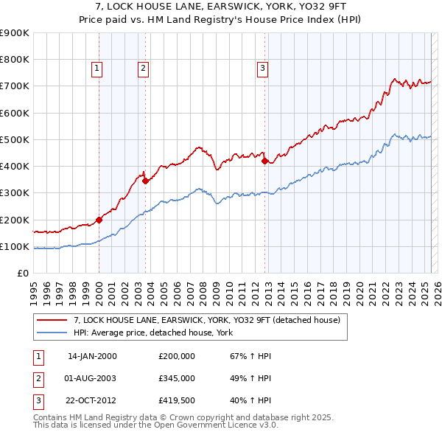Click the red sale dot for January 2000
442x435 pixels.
(99, 220)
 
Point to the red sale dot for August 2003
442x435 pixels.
(145, 181)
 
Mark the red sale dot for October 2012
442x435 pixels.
(264, 161)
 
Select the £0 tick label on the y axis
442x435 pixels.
(23, 273)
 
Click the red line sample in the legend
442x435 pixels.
(52, 320)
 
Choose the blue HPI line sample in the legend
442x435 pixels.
(52, 333)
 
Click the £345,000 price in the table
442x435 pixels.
(176, 378)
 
